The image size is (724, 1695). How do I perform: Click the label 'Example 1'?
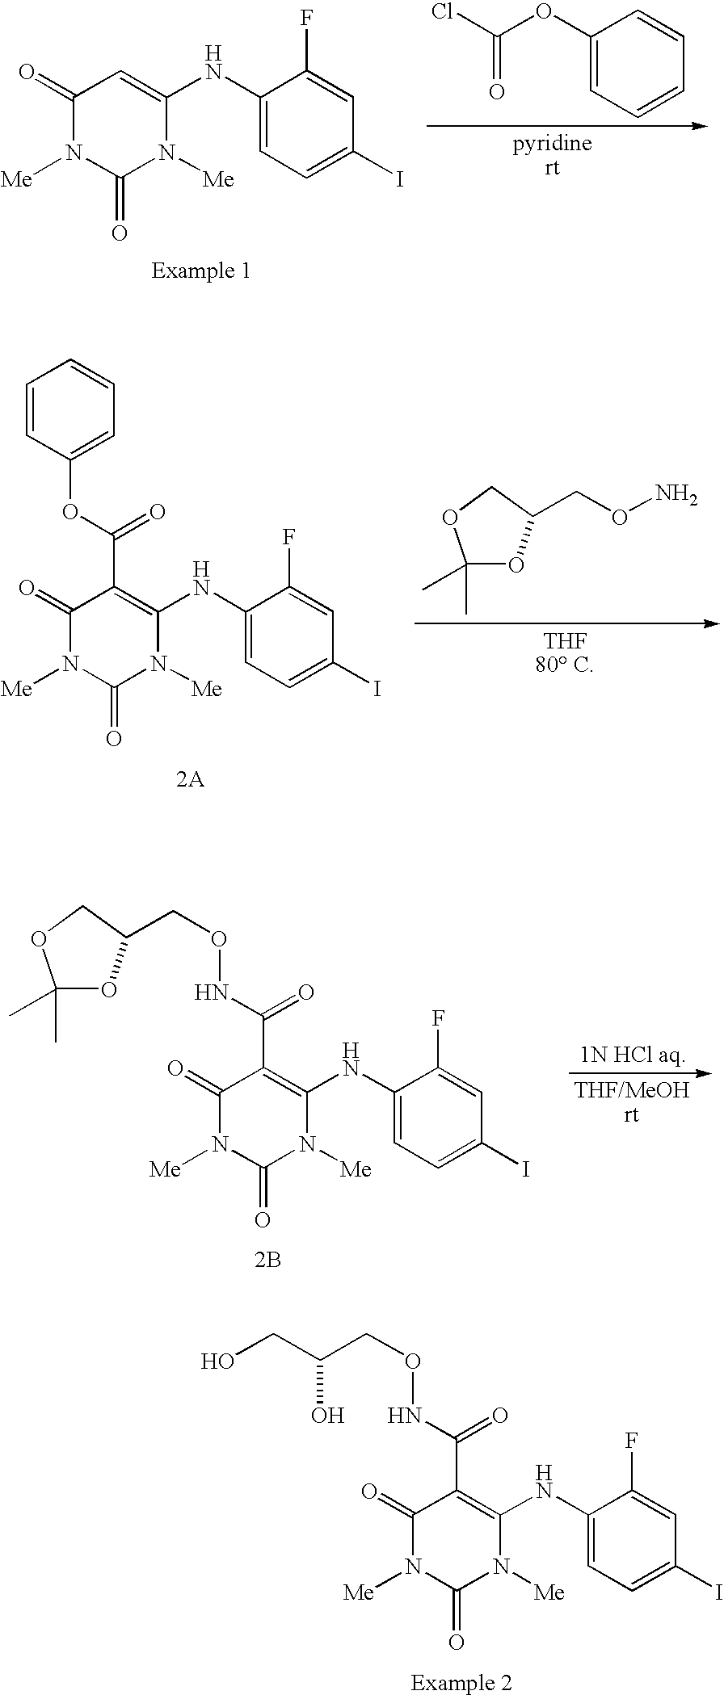point(200,271)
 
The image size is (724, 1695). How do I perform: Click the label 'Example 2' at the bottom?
point(461,1682)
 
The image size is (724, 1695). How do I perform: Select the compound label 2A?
point(190,781)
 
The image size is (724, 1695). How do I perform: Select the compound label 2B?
point(267,1260)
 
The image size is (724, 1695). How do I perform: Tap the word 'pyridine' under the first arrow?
point(552,145)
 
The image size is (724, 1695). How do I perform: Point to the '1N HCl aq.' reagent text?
point(632,1054)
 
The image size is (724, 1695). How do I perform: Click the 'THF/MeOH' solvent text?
point(632,1090)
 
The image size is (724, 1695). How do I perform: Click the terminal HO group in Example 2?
point(217,1361)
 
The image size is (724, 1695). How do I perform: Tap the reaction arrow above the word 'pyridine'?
point(566,125)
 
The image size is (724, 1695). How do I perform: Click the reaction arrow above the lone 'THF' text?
point(566,623)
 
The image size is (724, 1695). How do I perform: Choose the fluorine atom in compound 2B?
point(437,1017)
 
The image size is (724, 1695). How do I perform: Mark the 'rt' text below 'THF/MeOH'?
point(631,1115)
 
